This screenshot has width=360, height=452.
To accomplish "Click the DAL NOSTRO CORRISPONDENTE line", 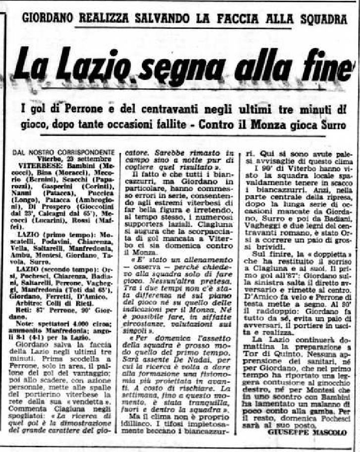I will click(x=64, y=152).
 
